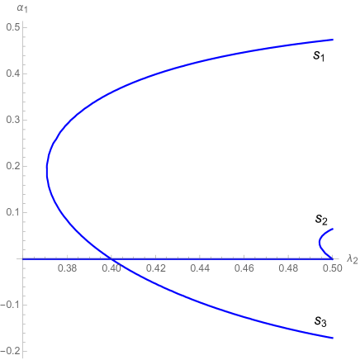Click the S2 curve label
click(x=322, y=220)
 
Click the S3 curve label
click(x=322, y=320)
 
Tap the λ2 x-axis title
click(x=351, y=259)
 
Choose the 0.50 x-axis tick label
click(x=332, y=268)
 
